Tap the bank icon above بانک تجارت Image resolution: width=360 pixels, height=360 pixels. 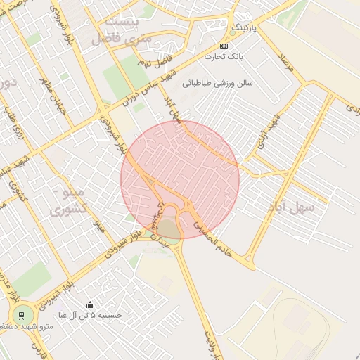point(224,46)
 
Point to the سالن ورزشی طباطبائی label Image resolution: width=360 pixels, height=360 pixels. point(217,83)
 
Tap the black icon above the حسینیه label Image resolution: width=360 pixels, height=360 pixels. point(90,304)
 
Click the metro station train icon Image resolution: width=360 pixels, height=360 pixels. point(22,314)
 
